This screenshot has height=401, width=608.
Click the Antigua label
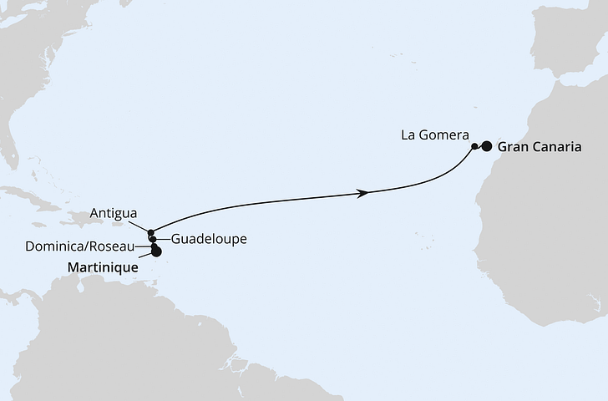point(114,214)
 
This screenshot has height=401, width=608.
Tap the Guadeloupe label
point(208,239)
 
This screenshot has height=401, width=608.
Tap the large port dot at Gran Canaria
point(487,145)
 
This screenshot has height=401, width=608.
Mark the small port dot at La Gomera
point(474,146)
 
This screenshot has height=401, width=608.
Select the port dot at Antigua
point(150,233)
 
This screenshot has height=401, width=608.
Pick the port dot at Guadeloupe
point(153,240)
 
